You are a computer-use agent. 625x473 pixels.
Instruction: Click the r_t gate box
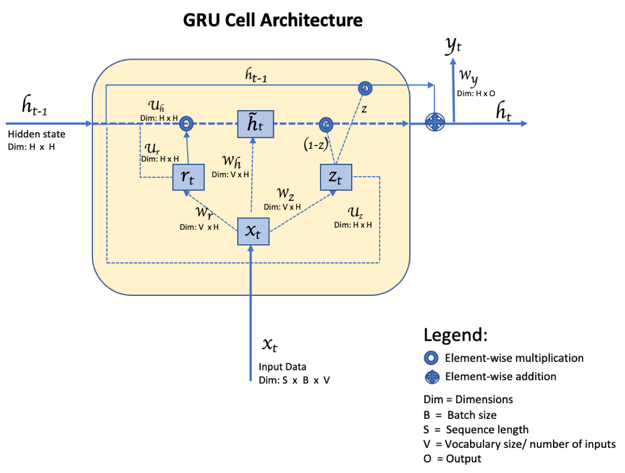tap(188, 177)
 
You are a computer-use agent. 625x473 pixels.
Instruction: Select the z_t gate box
tap(336, 177)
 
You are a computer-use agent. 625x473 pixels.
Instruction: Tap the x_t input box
tap(253, 231)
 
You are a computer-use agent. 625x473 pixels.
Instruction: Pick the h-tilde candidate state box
tap(256, 124)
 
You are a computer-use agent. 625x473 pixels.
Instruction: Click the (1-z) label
tap(315, 144)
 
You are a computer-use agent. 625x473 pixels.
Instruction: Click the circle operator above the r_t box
tap(186, 124)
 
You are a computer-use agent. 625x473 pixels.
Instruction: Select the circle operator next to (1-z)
tap(326, 125)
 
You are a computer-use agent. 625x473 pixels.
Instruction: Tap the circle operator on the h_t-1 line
tap(365, 88)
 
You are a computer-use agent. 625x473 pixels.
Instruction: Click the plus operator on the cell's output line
tap(435, 122)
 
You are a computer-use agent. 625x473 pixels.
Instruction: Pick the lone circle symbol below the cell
tap(431, 358)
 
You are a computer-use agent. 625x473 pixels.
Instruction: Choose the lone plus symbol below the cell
tap(432, 377)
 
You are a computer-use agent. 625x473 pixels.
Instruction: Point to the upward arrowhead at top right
tap(453, 61)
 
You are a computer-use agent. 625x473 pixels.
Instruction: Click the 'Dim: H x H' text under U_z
tap(353, 225)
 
